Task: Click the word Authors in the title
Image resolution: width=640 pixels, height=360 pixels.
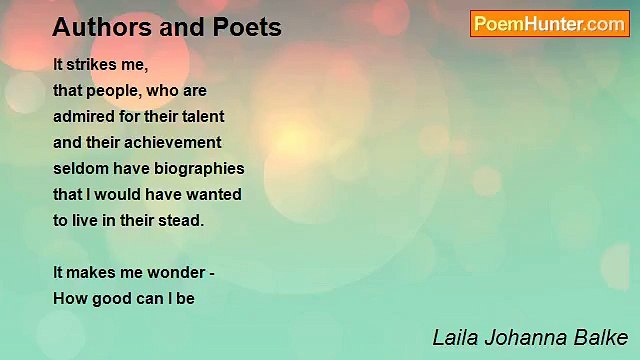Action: click(x=94, y=27)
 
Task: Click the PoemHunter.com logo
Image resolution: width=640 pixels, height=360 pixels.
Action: click(x=549, y=24)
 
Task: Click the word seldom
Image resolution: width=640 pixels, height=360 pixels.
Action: click(x=81, y=168)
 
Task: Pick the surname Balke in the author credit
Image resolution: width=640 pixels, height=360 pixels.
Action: click(x=599, y=336)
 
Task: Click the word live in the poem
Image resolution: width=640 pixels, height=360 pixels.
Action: click(x=87, y=220)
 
